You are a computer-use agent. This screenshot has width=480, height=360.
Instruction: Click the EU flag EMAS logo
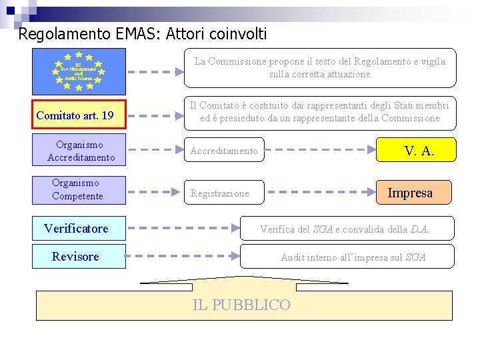click(79, 69)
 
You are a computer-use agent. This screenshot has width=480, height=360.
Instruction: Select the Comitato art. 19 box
click(75, 115)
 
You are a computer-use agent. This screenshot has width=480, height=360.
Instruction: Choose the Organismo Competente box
click(78, 189)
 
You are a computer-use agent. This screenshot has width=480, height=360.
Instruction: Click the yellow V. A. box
click(417, 151)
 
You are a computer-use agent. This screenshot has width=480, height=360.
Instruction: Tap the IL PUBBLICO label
click(241, 305)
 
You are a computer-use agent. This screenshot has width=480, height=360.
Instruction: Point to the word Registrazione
click(219, 193)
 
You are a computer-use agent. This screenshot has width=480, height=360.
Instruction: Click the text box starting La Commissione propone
click(320, 68)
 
